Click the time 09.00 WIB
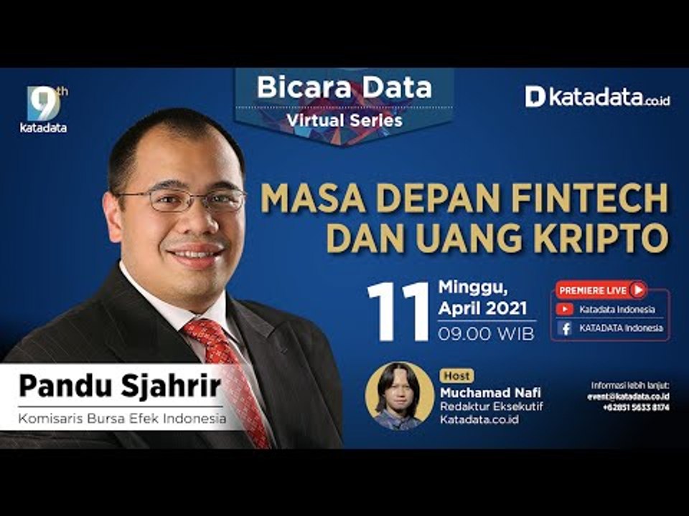[x=486, y=333]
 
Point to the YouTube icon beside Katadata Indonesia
[x=566, y=310]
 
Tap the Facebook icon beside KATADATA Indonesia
[x=566, y=328]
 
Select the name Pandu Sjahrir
[x=119, y=386]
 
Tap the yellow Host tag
[x=456, y=376]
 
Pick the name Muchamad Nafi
[x=489, y=392]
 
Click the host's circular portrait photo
[x=399, y=396]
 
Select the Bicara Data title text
[x=344, y=87]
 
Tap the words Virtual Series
[x=344, y=120]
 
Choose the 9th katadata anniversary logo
[x=44, y=110]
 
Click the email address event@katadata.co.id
[x=628, y=396]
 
